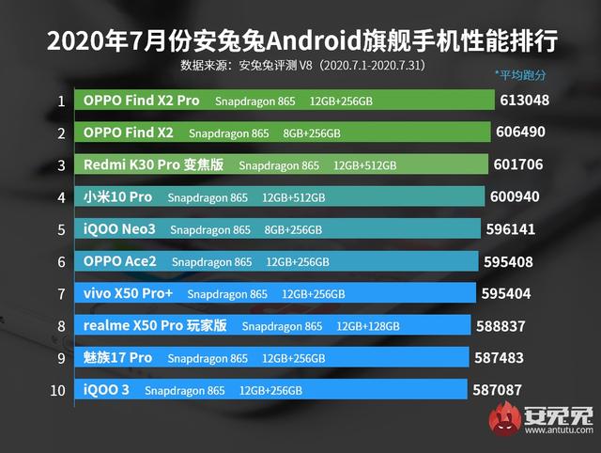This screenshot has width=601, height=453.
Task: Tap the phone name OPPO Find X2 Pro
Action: coord(141,101)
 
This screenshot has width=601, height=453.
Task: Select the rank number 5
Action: coord(61,229)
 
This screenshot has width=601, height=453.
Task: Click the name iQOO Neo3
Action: coord(119,229)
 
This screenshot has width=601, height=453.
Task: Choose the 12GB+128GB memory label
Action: coord(368,326)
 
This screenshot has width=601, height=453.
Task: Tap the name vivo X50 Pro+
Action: coord(129,293)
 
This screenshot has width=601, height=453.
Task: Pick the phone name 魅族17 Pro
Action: coord(117,358)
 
